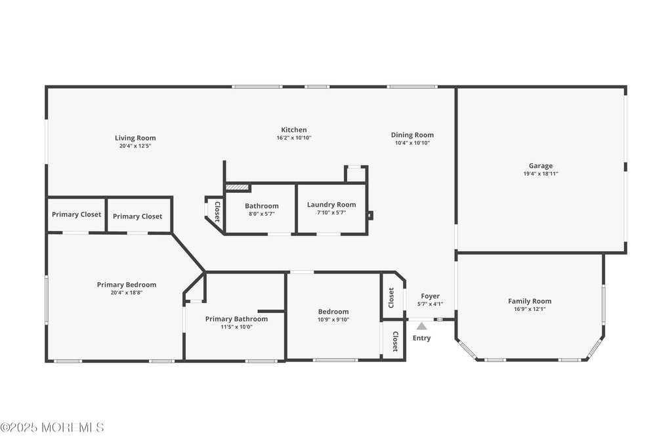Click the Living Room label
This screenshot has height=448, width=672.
135,138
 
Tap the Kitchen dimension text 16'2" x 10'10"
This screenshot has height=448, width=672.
294,138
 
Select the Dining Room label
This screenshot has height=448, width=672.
412,134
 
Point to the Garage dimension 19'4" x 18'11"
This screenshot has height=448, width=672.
541,174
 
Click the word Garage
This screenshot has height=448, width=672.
541,165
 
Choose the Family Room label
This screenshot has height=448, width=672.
530,301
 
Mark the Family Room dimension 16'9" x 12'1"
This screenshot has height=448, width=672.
530,309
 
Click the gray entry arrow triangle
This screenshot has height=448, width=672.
422,325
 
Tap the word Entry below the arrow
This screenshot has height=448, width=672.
422,338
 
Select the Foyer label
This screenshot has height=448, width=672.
430,296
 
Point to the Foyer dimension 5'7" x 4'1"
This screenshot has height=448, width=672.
430,304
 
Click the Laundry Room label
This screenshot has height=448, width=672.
331,205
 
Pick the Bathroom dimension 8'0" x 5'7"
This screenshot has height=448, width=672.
262,214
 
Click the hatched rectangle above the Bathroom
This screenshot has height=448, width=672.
237,187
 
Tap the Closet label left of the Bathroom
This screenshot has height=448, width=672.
217,211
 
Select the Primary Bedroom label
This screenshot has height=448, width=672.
127,285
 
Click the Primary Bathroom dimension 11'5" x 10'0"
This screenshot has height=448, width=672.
236,327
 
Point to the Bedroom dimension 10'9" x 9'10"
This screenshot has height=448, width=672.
333,319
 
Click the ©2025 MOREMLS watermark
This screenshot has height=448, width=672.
52,428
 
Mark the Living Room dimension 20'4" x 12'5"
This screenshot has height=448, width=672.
135,146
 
